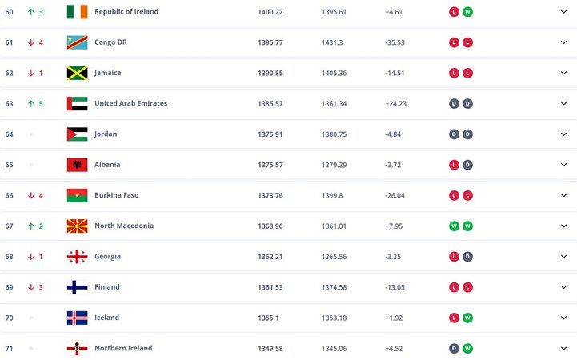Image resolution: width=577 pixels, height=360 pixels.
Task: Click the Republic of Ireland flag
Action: click(x=77, y=12)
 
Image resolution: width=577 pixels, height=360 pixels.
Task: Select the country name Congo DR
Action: click(x=110, y=42)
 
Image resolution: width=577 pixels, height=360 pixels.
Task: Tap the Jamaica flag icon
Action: click(x=77, y=73)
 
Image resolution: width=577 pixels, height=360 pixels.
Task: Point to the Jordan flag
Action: click(x=77, y=134)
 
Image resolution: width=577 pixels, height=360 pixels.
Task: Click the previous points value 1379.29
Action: click(x=335, y=165)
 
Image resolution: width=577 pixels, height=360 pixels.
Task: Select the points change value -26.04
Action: click(x=396, y=195)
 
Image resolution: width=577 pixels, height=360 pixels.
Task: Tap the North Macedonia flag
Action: click(x=77, y=226)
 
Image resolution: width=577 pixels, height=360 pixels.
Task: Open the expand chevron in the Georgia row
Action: click(x=563, y=257)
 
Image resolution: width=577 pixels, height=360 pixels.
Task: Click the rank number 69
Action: click(x=10, y=287)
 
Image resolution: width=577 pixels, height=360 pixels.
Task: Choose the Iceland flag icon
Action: click(x=77, y=318)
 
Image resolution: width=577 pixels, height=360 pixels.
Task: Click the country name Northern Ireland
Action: click(x=123, y=348)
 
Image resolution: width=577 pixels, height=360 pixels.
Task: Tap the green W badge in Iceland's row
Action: click(x=467, y=318)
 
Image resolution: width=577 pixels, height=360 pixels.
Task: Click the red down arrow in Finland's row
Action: click(x=30, y=287)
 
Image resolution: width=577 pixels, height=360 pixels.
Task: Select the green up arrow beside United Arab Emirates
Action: click(x=30, y=103)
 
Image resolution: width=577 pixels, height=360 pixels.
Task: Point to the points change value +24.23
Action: click(x=396, y=103)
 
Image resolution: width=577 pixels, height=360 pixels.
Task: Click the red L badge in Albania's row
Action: click(x=454, y=165)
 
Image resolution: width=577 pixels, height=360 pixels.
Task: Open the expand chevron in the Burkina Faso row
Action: click(x=563, y=195)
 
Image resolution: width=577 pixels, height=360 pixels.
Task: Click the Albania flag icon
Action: click(x=77, y=165)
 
